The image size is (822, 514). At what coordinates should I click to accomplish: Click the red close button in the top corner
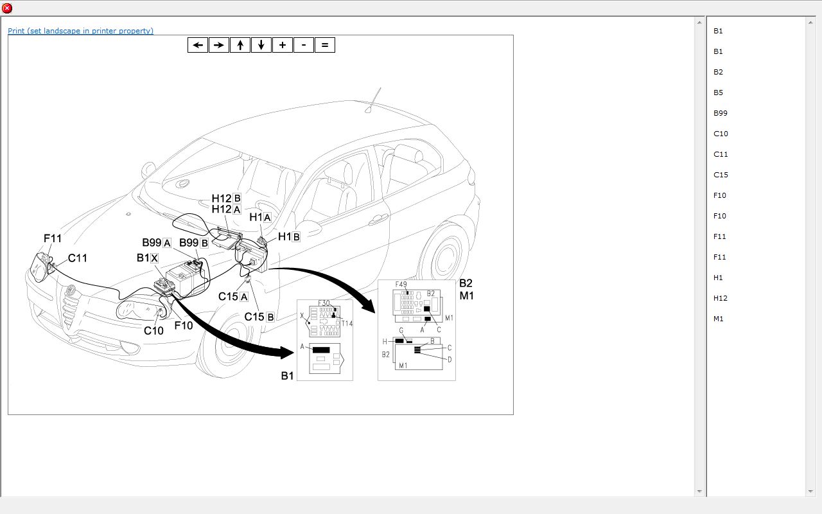(7, 8)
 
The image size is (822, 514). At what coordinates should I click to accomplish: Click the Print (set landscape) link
(80, 31)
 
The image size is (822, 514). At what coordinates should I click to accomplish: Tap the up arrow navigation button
(240, 45)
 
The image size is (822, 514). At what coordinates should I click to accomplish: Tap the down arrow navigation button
(261, 45)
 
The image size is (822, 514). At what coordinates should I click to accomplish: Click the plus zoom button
(282, 45)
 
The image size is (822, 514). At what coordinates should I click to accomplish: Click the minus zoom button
(303, 45)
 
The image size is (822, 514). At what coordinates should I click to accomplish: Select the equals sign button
(324, 45)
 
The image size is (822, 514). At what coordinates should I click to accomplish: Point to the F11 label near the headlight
(53, 238)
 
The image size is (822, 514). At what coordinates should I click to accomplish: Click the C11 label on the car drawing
(77, 258)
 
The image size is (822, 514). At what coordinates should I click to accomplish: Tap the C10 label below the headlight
(153, 331)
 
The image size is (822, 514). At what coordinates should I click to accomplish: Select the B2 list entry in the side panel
(718, 72)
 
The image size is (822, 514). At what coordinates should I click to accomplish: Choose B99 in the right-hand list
(720, 113)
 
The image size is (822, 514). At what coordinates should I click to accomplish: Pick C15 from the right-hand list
(721, 175)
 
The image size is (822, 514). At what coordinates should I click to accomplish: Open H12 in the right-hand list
(721, 298)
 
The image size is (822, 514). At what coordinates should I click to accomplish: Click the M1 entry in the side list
(718, 319)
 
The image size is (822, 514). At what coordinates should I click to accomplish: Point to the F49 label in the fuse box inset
(401, 285)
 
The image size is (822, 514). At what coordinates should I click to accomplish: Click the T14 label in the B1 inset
(347, 323)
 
